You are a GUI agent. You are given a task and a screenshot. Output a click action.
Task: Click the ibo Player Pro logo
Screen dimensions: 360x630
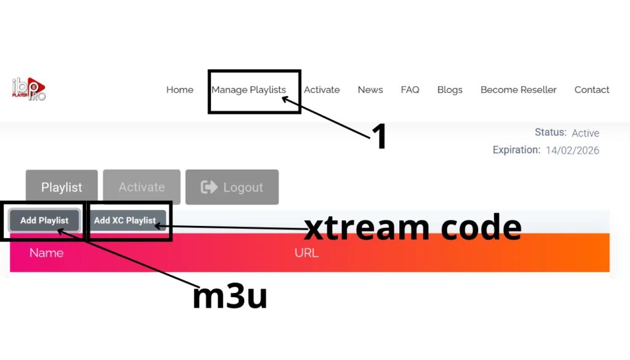click(x=29, y=89)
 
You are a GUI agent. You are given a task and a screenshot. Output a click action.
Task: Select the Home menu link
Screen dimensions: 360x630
click(x=180, y=90)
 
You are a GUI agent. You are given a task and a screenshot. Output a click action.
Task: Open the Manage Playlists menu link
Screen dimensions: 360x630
click(x=249, y=90)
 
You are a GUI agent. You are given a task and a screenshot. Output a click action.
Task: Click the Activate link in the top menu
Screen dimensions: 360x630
click(x=322, y=90)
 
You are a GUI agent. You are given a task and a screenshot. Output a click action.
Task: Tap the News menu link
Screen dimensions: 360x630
click(x=370, y=90)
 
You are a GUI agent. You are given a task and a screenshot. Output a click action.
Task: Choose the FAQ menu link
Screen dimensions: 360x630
click(x=410, y=90)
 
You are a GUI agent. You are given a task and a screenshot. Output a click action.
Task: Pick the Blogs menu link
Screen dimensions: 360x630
click(x=450, y=90)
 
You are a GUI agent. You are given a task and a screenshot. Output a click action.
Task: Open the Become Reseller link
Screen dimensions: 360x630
click(x=519, y=90)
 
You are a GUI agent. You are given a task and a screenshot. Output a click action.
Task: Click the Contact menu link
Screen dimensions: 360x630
click(x=592, y=90)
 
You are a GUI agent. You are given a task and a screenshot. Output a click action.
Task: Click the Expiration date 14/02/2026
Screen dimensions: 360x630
click(x=572, y=150)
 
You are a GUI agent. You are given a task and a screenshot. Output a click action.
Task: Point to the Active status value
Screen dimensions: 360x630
click(x=585, y=133)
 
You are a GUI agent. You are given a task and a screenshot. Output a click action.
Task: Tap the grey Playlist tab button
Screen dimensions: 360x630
click(x=62, y=187)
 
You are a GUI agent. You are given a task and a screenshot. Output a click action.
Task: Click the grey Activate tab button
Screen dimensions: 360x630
click(x=142, y=187)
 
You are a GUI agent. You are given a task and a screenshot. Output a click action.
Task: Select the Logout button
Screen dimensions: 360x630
click(x=232, y=187)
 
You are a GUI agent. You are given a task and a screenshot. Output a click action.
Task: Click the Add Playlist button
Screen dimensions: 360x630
click(x=44, y=220)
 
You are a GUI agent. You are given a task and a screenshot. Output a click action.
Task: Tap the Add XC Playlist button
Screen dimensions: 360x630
click(x=125, y=220)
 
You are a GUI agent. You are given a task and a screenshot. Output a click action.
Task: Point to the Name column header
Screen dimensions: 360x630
click(x=46, y=253)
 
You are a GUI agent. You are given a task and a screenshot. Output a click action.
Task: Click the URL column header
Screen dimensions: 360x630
click(x=306, y=253)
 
